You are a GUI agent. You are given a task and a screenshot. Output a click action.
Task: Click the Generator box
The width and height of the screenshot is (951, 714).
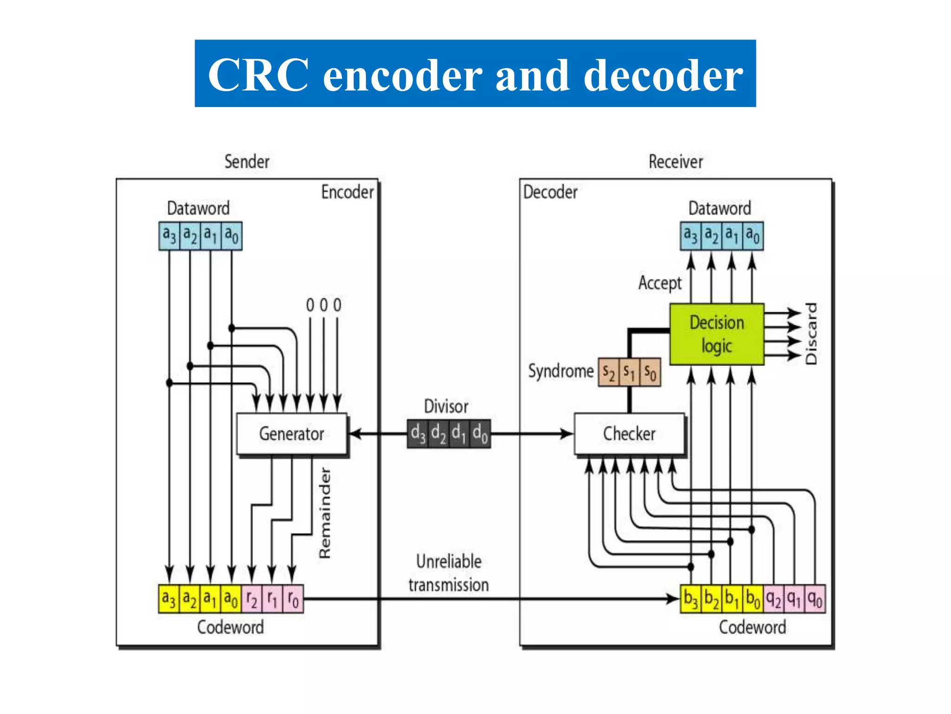(x=292, y=434)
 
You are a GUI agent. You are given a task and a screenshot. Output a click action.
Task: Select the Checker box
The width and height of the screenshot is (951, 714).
(x=629, y=434)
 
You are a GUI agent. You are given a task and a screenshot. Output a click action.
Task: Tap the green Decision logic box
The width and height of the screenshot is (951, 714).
(x=717, y=334)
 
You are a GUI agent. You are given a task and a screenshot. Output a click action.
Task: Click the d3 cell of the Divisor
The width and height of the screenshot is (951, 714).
(x=417, y=434)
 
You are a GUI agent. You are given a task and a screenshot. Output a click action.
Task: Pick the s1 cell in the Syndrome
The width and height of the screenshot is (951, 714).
(x=629, y=372)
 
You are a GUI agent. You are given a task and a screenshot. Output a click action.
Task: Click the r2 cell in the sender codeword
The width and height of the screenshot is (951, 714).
(x=252, y=599)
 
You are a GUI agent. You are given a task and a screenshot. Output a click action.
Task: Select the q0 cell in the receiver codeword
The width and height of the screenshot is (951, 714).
(x=815, y=599)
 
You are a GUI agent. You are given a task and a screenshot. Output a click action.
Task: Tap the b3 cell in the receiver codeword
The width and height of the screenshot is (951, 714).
(x=690, y=599)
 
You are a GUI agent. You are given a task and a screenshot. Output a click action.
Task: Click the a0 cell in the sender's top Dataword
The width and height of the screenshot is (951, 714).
(x=231, y=236)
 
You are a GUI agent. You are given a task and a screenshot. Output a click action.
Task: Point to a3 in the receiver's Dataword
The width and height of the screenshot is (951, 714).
(x=690, y=236)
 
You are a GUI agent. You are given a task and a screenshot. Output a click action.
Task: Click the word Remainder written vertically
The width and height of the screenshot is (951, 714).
(x=325, y=512)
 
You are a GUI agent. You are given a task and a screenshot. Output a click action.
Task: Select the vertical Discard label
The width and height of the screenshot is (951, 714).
(x=811, y=334)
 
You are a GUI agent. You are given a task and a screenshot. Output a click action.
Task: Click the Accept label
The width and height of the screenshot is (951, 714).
(x=659, y=283)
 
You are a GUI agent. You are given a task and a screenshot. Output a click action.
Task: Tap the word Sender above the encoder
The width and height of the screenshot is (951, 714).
(x=247, y=162)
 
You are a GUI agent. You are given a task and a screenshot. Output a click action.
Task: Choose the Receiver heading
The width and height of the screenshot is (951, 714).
(x=676, y=162)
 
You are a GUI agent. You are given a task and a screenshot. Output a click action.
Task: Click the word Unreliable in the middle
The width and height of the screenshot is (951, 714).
(x=449, y=562)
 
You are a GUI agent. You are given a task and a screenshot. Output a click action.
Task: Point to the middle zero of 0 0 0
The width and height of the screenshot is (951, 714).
(x=324, y=305)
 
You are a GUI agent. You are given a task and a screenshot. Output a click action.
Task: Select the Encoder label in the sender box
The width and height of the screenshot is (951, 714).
(x=347, y=192)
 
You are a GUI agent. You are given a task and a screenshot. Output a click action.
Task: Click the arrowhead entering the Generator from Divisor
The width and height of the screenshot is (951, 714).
(x=355, y=434)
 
